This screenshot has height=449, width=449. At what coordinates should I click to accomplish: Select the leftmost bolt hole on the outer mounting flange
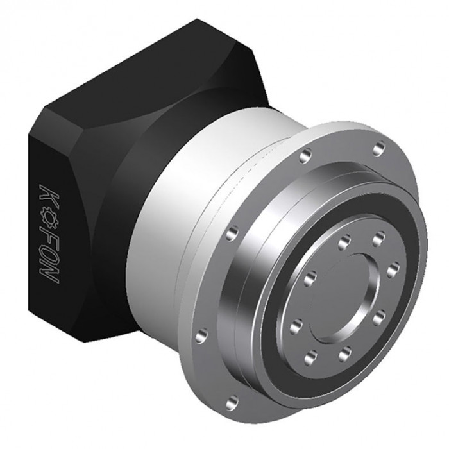[202, 335]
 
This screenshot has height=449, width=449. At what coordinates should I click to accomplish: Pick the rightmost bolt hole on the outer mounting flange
[380, 149]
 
